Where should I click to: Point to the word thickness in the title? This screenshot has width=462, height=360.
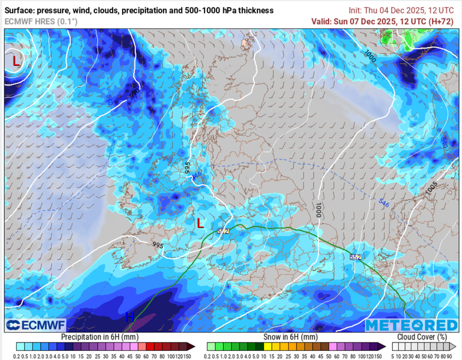tap(254, 10)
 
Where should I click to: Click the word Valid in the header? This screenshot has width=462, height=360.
tap(324, 21)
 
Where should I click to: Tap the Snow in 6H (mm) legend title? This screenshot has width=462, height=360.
tap(290, 337)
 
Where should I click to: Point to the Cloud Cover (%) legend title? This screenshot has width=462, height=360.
tap(422, 337)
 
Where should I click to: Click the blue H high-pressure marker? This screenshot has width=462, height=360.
tap(129, 316)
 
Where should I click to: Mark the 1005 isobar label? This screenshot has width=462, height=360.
tap(431, 188)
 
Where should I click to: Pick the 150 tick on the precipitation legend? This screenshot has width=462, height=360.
tap(188, 356)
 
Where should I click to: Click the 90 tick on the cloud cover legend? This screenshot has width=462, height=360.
tap(449, 356)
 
